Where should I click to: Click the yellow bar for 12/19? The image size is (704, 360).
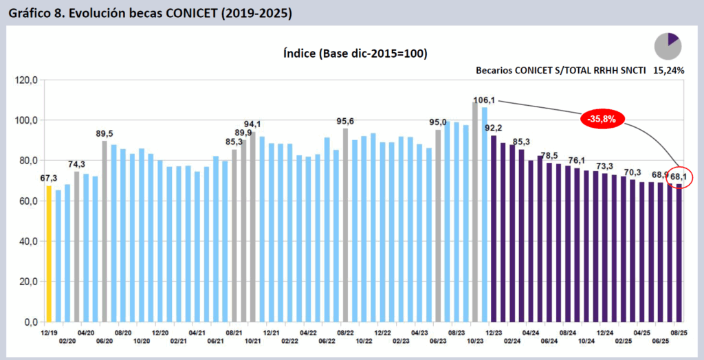pos(49,254)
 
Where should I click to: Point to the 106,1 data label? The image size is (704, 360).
pos(484,100)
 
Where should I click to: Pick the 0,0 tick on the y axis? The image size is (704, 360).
pos(29,322)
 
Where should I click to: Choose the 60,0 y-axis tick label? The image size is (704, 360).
pos(27,201)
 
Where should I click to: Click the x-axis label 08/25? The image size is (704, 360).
pos(679,332)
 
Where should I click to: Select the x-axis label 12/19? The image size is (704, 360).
pos(49,332)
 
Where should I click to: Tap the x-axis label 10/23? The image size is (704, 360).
pos(475,341)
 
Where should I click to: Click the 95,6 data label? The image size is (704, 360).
pos(345,122)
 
